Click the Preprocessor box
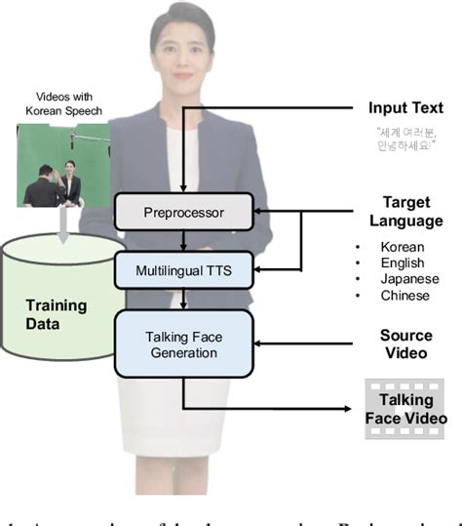coord(184,211)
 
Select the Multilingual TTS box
coord(184,268)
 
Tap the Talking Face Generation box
coord(184,343)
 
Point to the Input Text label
coord(405,107)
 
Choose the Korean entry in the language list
coord(403,247)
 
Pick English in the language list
coord(403,263)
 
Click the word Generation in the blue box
coord(184,352)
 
